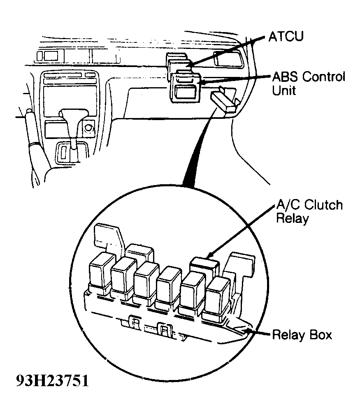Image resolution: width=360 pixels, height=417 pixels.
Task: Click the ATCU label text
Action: pos(286,37)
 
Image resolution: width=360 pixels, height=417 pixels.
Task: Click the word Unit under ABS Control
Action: pos(283,90)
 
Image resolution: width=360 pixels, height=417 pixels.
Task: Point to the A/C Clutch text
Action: pos(309,205)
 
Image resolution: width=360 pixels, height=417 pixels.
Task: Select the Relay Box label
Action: pos(302,335)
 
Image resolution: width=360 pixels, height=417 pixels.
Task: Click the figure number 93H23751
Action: pos(52,381)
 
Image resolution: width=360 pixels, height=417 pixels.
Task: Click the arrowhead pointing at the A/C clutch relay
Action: pos(210,255)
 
